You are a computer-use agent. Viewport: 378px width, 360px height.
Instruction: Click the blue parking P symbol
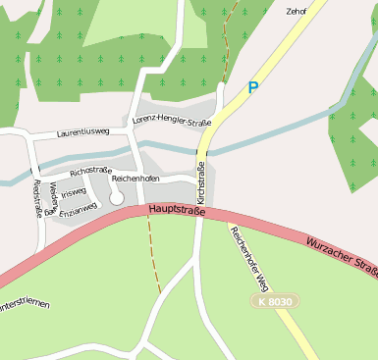pos(253,88)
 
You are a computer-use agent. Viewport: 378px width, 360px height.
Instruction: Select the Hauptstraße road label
pos(177,210)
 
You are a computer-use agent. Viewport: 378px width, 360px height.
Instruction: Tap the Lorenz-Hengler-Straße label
pos(172,123)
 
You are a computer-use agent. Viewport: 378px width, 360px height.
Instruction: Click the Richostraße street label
pos(90,172)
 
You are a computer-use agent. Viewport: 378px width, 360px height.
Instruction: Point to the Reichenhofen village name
pos(135,180)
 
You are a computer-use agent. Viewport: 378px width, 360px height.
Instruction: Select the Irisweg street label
pos(74,193)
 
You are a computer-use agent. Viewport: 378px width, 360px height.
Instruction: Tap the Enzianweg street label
pos(79,209)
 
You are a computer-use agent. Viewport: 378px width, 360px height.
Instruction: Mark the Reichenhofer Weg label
pos(248,257)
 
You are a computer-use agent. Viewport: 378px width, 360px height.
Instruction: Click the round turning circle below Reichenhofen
pos(117,196)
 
